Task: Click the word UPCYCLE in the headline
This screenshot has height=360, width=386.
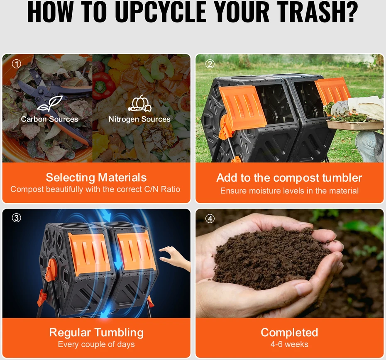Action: (161, 12)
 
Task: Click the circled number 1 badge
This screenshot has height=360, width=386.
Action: (17, 64)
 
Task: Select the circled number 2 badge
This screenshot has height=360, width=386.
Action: (210, 64)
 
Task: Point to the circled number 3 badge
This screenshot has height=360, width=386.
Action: (17, 218)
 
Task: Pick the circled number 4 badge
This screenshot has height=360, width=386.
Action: (210, 219)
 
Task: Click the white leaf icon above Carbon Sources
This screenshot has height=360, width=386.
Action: (50, 104)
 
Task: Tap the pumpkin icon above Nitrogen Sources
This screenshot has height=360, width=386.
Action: (139, 104)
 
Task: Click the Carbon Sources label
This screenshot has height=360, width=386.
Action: (49, 119)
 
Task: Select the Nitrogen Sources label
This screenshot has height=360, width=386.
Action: (139, 119)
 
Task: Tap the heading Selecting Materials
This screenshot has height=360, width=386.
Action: (96, 178)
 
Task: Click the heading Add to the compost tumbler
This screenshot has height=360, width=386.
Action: (289, 178)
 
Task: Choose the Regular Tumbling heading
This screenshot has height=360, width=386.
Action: (96, 333)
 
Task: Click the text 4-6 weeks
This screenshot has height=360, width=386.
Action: (289, 344)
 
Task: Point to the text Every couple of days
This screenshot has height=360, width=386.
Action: (96, 344)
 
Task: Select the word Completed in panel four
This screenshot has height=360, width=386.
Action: (289, 333)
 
